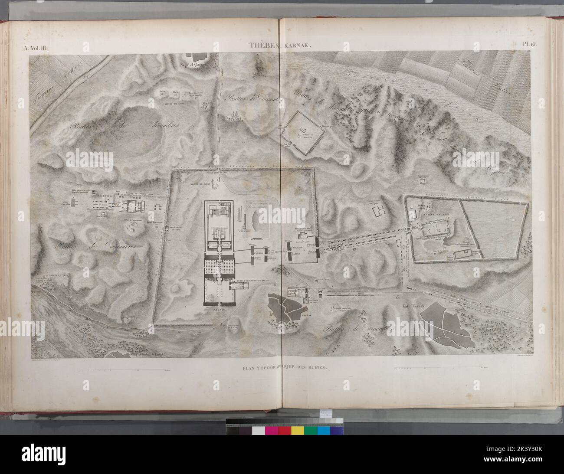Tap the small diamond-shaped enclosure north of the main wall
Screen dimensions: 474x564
point(302,132)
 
